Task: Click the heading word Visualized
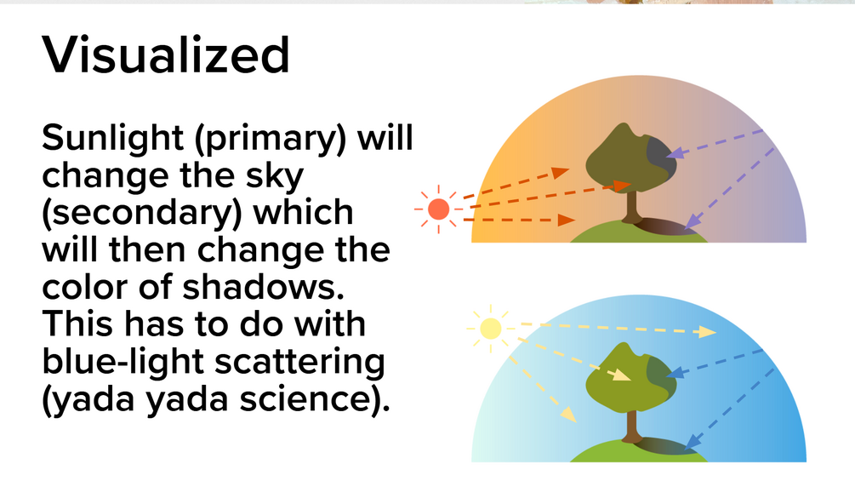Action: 166,54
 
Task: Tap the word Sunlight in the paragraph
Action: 112,138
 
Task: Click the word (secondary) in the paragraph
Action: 142,213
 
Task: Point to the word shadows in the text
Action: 263,287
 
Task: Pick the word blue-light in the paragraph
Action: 123,362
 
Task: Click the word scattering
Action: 300,362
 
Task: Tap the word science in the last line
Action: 314,398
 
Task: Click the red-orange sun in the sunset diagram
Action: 438,209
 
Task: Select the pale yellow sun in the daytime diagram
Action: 490,329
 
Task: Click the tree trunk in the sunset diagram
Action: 631,208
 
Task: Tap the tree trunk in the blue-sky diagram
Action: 631,427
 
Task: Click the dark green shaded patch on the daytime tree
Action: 662,375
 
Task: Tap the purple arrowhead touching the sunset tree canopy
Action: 675,152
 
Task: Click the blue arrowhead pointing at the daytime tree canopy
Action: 675,373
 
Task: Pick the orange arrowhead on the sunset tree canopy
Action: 622,186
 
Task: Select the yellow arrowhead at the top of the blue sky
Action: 708,331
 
